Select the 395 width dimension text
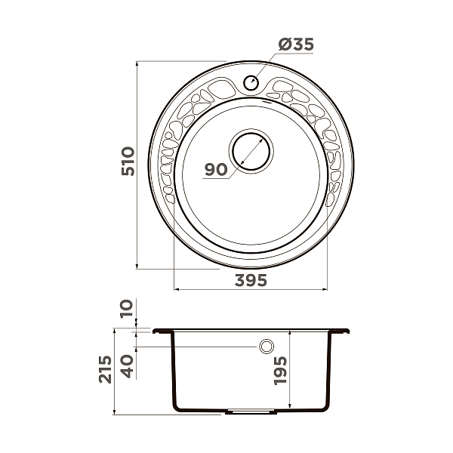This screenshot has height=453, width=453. tap(251, 280)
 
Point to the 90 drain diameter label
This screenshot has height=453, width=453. tap(216, 170)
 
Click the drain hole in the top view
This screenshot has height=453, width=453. tap(250, 149)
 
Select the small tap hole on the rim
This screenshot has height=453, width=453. tap(251, 83)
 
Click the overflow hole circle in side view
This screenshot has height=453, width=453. tap(266, 347)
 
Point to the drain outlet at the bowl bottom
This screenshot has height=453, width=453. tap(251, 412)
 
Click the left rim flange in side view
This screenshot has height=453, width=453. tap(162, 331)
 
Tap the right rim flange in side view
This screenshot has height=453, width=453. tap(341, 331)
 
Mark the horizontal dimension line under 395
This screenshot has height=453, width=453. tap(251, 289)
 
